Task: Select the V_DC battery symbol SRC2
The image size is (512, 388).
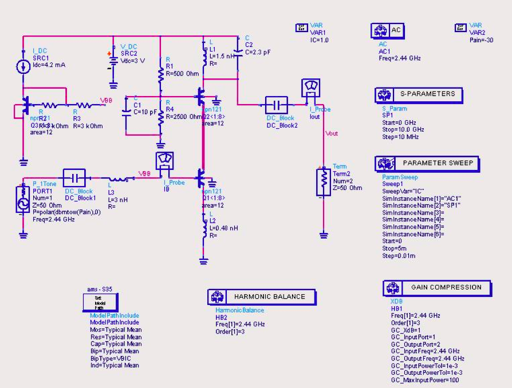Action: pos(113,62)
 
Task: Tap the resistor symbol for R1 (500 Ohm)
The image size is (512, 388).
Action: pos(161,74)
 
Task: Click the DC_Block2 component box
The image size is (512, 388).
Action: pos(277,105)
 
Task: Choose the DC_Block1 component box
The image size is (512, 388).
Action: pos(74,178)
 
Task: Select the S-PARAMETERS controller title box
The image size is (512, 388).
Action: pos(419,94)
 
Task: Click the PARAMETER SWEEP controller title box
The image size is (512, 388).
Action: pos(427,163)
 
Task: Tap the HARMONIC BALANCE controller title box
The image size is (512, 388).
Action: pos(262,297)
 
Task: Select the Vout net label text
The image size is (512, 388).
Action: pos(332,133)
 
